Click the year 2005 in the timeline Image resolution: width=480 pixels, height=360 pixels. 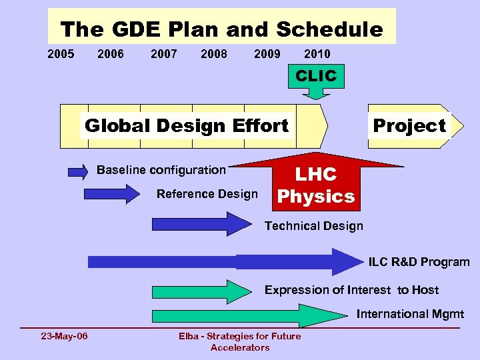(x=61, y=54)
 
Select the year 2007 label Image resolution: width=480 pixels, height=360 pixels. (x=164, y=54)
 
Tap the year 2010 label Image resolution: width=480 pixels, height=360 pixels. (x=317, y=54)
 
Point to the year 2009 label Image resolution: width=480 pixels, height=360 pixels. (x=267, y=54)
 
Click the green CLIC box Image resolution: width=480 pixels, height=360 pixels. (x=316, y=76)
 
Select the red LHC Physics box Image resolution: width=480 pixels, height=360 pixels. (x=316, y=185)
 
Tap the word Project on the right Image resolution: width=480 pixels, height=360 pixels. (x=409, y=125)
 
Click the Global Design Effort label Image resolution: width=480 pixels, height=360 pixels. (x=187, y=125)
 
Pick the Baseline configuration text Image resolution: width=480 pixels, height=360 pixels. (x=161, y=170)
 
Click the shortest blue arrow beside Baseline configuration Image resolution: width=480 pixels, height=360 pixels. (x=78, y=172)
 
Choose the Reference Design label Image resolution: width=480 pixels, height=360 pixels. (x=207, y=194)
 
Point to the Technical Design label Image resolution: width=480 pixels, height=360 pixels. (x=313, y=226)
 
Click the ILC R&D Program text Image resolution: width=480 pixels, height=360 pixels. (x=419, y=262)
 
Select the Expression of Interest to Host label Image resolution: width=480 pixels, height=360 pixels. (x=351, y=290)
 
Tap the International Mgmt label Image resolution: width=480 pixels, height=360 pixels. (x=410, y=314)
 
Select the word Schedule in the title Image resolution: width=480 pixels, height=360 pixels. (x=329, y=29)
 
